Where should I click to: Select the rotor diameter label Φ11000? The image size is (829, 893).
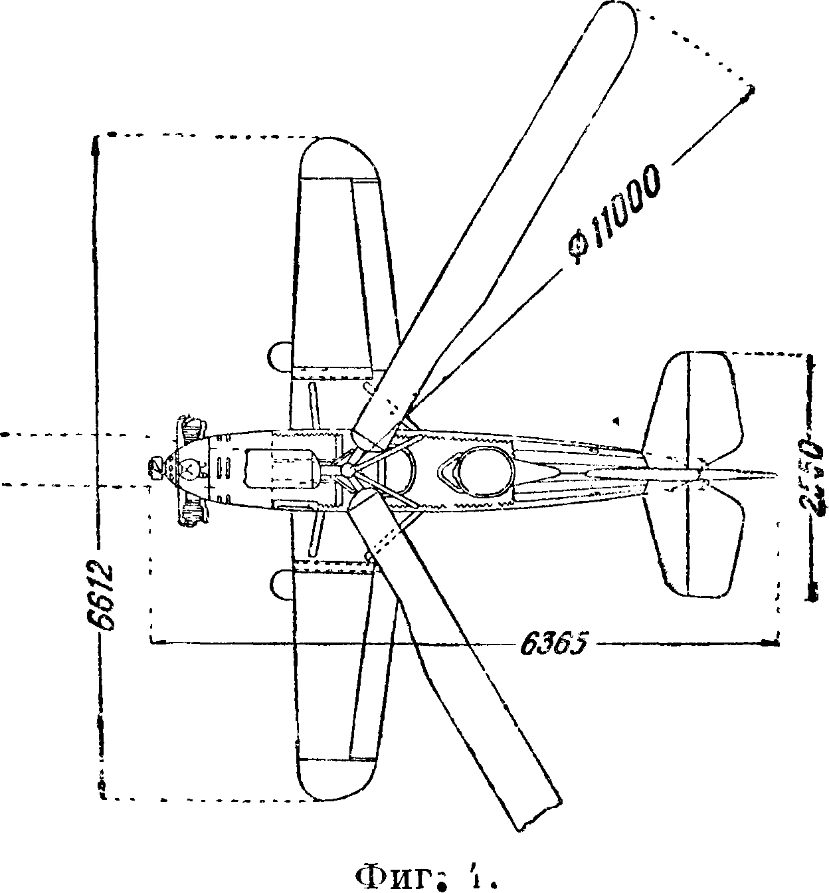(x=616, y=215)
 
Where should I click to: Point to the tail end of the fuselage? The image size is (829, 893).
(x=774, y=474)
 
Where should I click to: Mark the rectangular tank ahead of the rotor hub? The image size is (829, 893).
(x=279, y=470)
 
